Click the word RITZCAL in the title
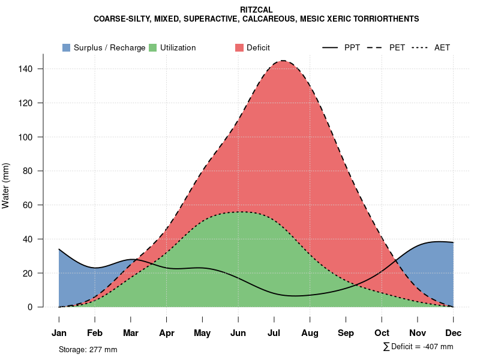[x=256, y=10]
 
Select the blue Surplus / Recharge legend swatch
[x=66, y=47]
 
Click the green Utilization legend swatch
[x=152, y=47]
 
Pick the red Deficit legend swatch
[x=239, y=47]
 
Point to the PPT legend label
[x=352, y=47]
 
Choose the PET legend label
[x=397, y=47]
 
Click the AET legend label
[x=442, y=47]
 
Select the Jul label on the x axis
[x=274, y=333]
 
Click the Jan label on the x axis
[x=59, y=333]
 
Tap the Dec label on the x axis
[x=454, y=333]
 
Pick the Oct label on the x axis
[x=382, y=333]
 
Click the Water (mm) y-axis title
[x=6, y=186]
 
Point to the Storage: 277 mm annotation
[x=88, y=349]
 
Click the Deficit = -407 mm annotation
[x=418, y=347]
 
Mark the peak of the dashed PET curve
[x=282, y=61]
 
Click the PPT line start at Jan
[x=59, y=249]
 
